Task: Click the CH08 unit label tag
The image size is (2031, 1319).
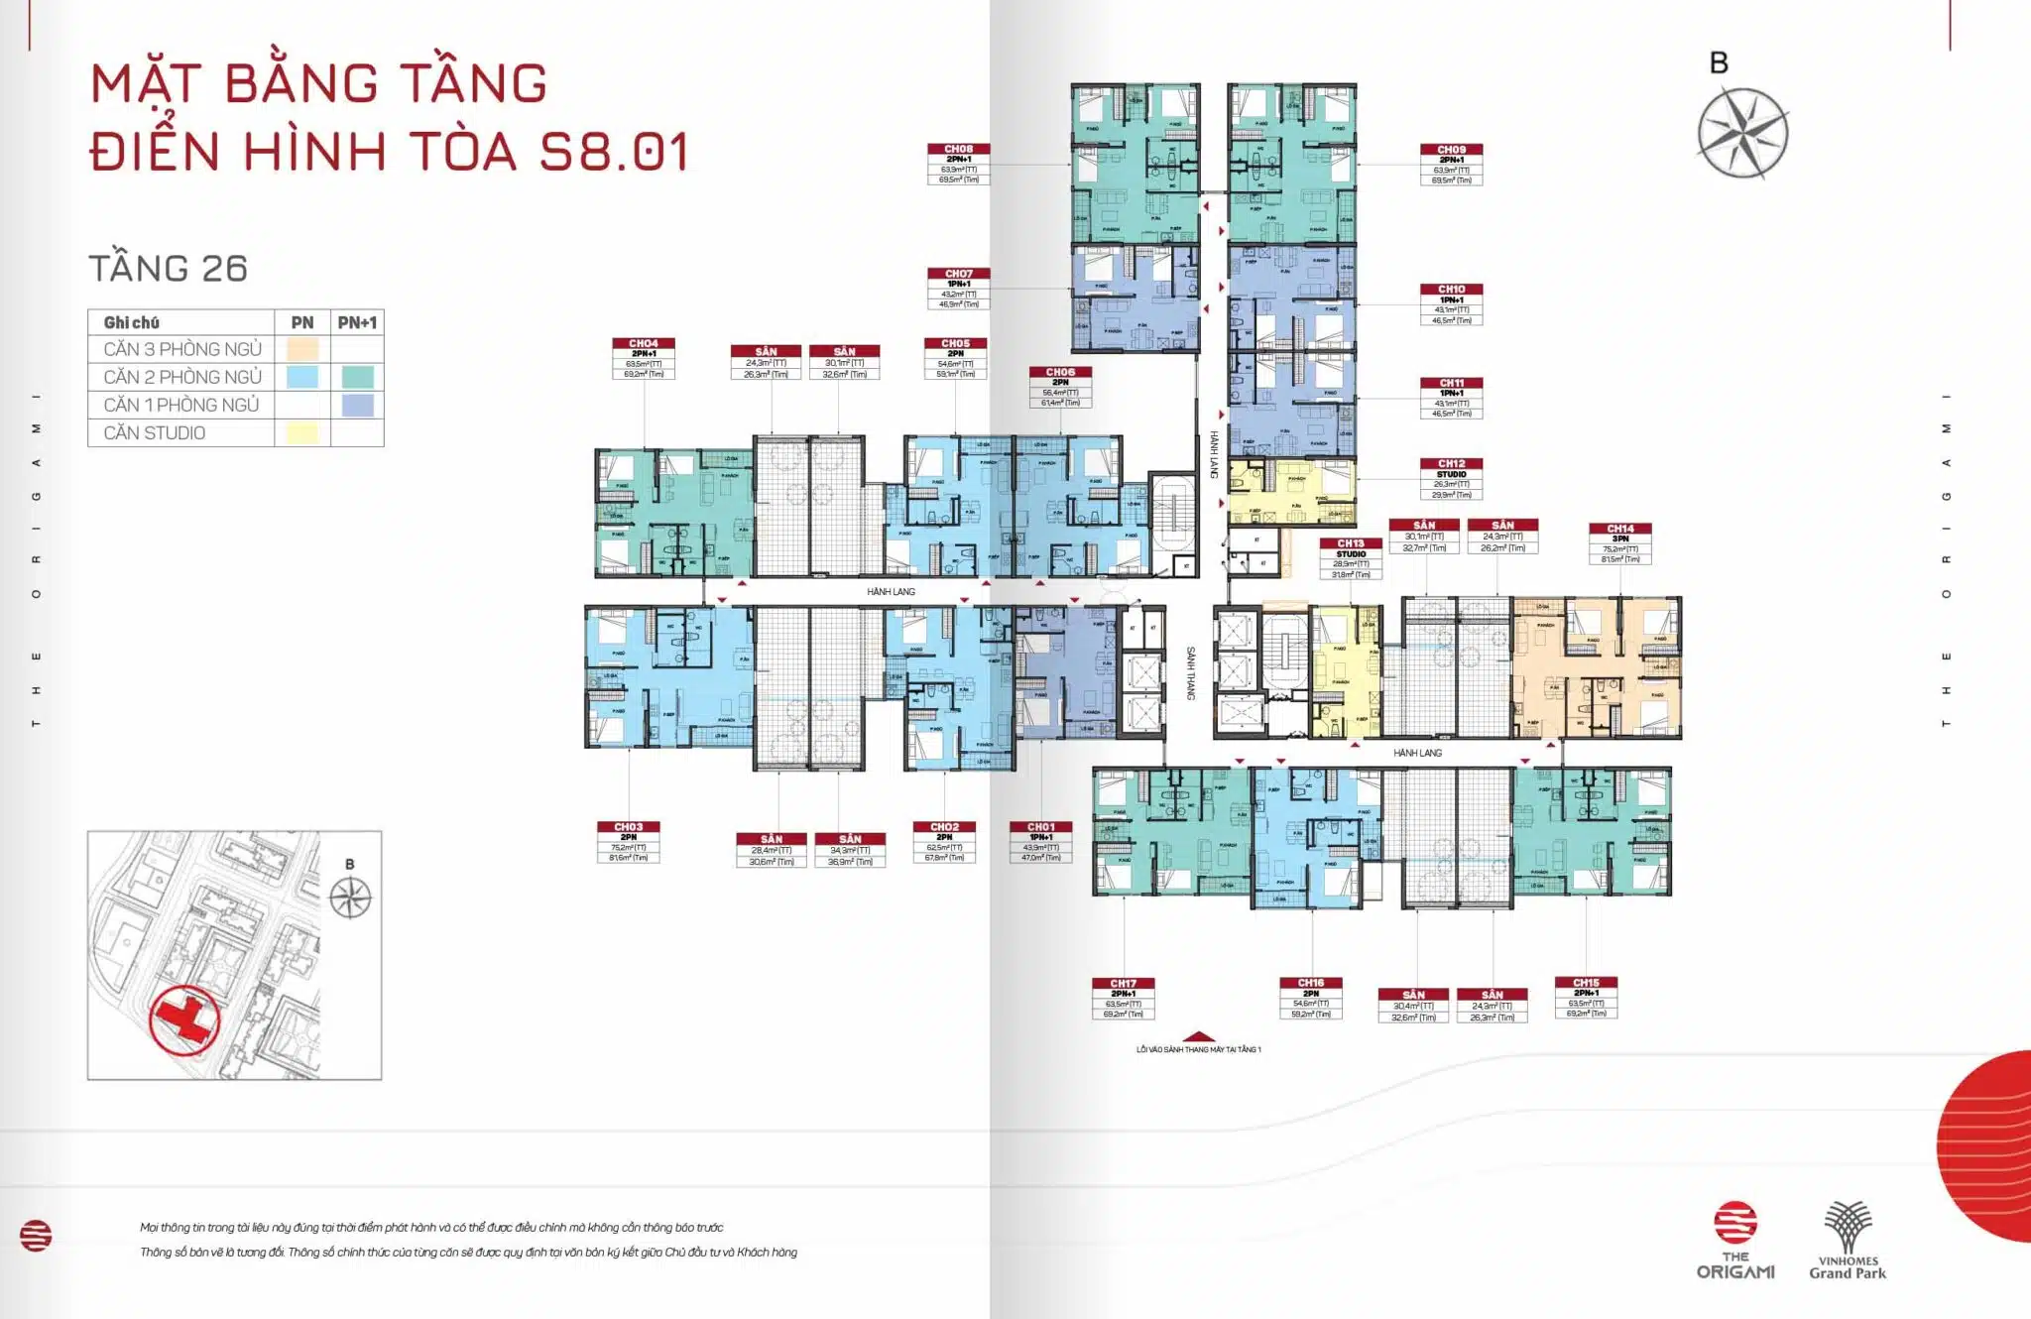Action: (958, 164)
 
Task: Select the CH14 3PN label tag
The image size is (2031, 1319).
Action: (1619, 543)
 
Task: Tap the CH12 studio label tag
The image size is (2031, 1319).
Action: (1451, 478)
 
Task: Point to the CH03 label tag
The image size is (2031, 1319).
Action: (628, 841)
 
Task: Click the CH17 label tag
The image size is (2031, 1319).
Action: (1123, 998)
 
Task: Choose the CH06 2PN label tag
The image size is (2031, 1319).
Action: (1060, 387)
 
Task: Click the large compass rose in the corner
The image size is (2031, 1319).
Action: (1742, 133)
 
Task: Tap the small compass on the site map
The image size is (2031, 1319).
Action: (350, 898)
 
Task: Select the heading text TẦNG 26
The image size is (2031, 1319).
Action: (168, 269)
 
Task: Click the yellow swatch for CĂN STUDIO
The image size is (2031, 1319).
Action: (302, 433)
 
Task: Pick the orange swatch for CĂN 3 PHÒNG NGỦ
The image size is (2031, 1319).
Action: (302, 349)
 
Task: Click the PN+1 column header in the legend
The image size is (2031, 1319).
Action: (357, 322)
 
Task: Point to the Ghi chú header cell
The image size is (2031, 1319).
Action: (132, 322)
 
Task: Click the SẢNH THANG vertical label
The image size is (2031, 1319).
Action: (1191, 673)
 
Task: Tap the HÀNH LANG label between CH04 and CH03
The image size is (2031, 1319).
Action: (891, 592)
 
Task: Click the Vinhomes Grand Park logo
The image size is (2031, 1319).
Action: (1848, 1241)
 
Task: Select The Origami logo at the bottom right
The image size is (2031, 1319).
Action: (1735, 1241)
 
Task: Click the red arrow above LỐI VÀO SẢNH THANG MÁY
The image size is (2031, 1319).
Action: (1199, 1035)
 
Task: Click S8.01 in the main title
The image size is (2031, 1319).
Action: (615, 152)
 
